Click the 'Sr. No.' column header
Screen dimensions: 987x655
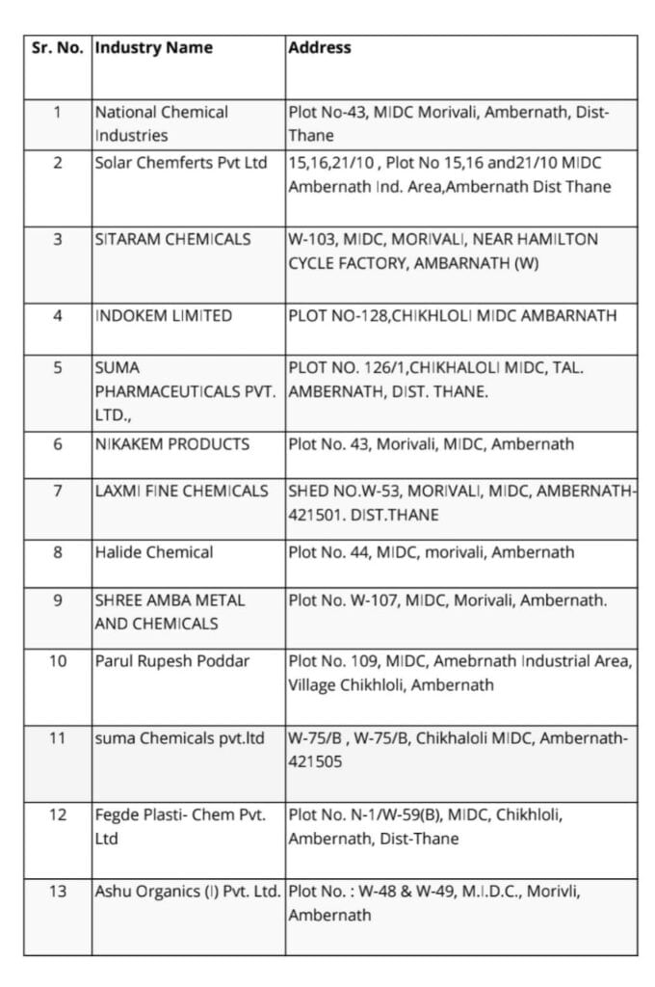click(x=57, y=47)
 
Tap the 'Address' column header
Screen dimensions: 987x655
click(x=320, y=47)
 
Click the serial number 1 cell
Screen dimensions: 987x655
click(x=57, y=112)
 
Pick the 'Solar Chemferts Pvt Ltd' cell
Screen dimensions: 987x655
click(x=181, y=163)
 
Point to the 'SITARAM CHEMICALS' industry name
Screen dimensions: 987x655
click(x=172, y=239)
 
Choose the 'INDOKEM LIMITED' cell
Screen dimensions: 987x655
click(x=163, y=315)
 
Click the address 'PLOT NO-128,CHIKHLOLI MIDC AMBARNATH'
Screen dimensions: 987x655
click(x=453, y=315)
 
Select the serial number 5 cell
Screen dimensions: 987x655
click(x=57, y=367)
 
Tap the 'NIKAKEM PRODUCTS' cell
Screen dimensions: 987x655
click(x=171, y=444)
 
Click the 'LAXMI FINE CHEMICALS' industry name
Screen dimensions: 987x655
click(x=181, y=491)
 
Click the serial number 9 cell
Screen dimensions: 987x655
click(x=57, y=600)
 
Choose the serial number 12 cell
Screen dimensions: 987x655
click(x=57, y=814)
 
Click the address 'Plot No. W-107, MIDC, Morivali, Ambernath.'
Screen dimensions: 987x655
click(x=447, y=600)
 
